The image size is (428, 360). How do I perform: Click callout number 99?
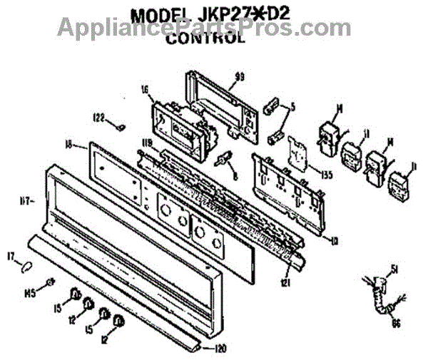[240, 76]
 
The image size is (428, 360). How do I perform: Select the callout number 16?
[145, 91]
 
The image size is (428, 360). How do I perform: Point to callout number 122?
[98, 118]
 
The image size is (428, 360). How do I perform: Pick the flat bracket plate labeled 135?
[295, 155]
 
